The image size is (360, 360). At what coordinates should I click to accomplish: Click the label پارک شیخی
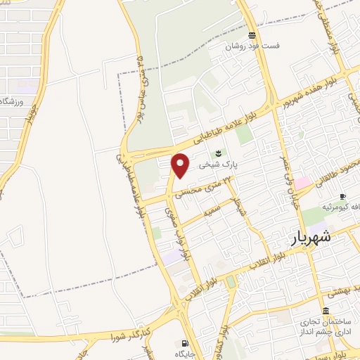[x=219, y=166]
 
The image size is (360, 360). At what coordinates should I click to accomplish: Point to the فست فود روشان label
[x=252, y=46]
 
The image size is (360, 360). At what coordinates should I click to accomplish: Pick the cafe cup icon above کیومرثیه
[x=342, y=197]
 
